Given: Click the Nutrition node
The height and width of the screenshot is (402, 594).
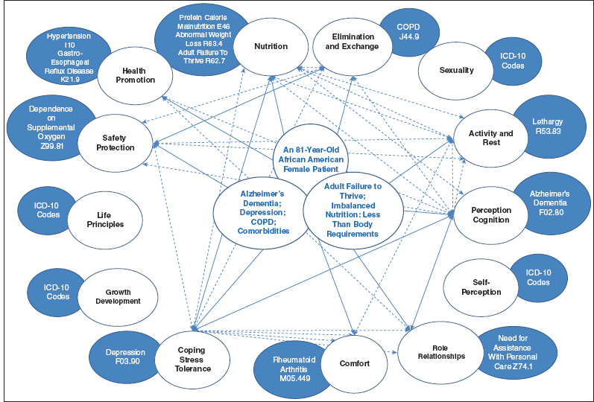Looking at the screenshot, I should click(271, 46).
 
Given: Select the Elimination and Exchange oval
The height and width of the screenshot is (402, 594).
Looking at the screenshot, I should click(349, 47).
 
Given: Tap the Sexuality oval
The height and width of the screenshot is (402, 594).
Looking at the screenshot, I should click(456, 70).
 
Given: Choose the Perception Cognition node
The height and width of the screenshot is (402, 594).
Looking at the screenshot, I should click(490, 214).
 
